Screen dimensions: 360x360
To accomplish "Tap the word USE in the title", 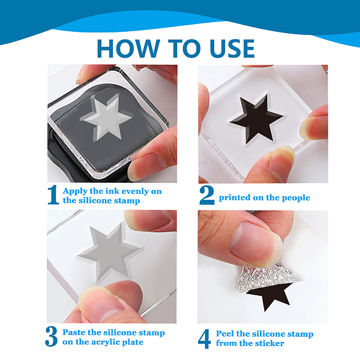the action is (232, 49).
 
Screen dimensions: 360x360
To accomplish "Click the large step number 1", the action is (53, 194).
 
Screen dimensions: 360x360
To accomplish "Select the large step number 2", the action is (207, 196).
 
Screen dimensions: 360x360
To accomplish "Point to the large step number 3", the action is (51, 337).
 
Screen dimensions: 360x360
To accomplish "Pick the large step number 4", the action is (204, 339).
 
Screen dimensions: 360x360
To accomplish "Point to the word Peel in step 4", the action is (225, 334).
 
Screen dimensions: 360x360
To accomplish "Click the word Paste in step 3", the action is (74, 332).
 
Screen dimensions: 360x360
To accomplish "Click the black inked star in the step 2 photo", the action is (256, 119).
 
